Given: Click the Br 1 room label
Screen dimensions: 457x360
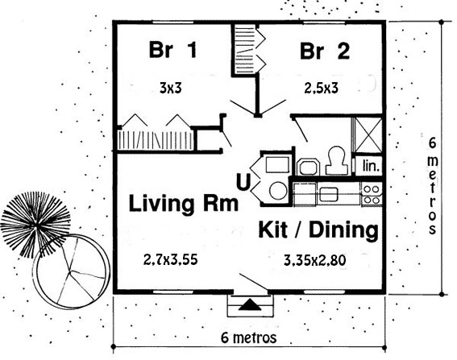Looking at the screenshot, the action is click(172, 50).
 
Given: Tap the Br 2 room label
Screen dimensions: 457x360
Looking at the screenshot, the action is click(325, 51).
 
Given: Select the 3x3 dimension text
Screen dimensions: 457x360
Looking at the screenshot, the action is click(171, 88).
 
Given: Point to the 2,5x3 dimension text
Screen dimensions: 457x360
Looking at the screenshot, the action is click(321, 88).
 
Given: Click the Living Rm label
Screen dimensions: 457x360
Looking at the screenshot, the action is click(184, 204).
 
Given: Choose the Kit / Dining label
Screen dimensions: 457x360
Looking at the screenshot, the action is click(318, 230).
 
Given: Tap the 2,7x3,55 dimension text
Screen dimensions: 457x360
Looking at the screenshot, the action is click(171, 260).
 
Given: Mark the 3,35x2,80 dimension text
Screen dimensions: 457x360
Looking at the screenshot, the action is click(315, 260).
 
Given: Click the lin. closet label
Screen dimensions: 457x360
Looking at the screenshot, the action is click(372, 167).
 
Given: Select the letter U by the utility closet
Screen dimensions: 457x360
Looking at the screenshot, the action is click(243, 182).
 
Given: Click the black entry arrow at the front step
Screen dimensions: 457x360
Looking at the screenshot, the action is click(251, 305).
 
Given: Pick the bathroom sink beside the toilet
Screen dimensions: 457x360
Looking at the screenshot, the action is click(308, 167).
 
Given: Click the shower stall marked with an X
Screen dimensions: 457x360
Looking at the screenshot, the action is click(368, 135).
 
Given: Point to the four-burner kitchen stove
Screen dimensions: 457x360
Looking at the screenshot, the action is click(372, 195).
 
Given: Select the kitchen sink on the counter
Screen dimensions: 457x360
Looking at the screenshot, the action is click(329, 194).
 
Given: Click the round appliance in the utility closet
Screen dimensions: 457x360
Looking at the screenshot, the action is click(277, 191).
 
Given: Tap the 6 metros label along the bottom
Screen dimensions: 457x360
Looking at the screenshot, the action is click(248, 338).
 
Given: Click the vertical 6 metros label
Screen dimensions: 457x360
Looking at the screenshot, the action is click(433, 186).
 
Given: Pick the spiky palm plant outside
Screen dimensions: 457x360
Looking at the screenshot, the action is click(35, 224).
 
